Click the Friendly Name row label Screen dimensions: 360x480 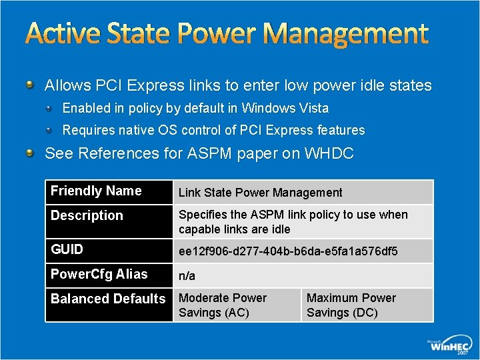point(96,191)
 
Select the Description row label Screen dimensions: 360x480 point(87,215)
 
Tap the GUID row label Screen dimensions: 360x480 point(67,249)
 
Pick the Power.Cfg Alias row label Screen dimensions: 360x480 point(99,274)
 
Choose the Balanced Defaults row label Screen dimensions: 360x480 point(108,299)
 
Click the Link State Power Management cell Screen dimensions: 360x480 point(260,193)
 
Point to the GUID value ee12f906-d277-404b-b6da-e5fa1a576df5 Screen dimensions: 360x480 point(288,251)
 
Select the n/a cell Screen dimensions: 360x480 point(187,275)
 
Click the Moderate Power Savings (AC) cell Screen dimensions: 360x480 point(223,305)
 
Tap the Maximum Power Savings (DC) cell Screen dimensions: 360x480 point(351,305)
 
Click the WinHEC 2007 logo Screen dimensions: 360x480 point(451,345)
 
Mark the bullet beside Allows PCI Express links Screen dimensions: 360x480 point(29,85)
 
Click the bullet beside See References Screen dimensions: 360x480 point(29,153)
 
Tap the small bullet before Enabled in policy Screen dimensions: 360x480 point(50,107)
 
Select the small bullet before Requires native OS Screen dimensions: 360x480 point(50,129)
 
